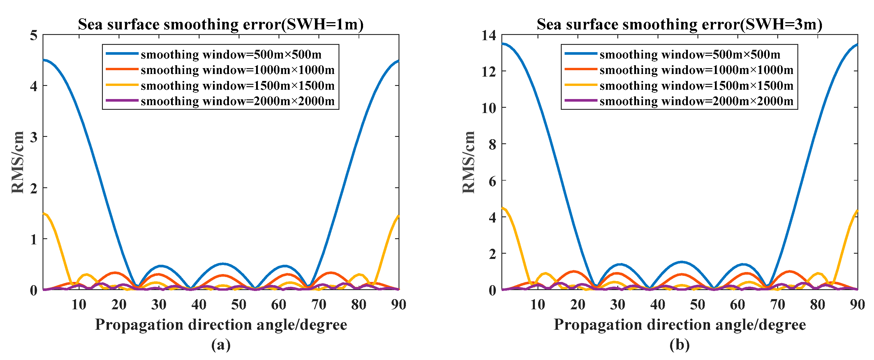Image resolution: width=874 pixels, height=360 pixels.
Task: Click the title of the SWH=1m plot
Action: pyautogui.click(x=221, y=24)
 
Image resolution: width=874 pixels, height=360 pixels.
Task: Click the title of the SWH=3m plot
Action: pyautogui.click(x=679, y=24)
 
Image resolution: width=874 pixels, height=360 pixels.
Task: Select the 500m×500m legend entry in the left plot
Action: pyautogui.click(x=231, y=54)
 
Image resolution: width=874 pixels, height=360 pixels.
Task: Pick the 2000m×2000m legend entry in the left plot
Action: pyautogui.click(x=237, y=101)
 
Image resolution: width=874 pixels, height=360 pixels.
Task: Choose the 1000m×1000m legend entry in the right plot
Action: pyautogui.click(x=696, y=70)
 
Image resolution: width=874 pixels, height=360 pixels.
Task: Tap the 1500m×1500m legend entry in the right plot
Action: pyautogui.click(x=696, y=86)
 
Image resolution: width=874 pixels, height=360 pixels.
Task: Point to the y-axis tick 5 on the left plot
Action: pyautogui.click(x=34, y=35)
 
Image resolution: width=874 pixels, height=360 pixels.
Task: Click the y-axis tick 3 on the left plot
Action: pyautogui.click(x=34, y=137)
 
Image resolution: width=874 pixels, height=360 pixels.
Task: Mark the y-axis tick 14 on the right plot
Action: pyautogui.click(x=489, y=35)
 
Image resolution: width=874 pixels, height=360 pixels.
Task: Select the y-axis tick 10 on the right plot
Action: pyautogui.click(x=489, y=108)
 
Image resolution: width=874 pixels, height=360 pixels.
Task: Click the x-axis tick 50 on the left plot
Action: pyautogui.click(x=239, y=304)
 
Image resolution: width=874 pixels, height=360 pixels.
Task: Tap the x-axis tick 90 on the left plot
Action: pyautogui.click(x=398, y=304)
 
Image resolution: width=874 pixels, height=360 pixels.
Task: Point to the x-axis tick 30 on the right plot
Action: pyautogui.click(x=618, y=304)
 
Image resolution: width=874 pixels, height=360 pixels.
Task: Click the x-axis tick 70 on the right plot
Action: pyautogui.click(x=777, y=304)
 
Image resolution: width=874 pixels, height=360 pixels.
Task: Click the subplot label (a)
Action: pyautogui.click(x=221, y=345)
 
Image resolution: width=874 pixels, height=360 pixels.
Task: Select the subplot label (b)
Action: pyautogui.click(x=679, y=345)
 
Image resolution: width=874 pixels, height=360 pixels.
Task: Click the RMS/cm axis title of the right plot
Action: pyautogui.click(x=468, y=162)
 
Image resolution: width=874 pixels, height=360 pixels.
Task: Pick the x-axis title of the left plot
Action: pyautogui.click(x=221, y=324)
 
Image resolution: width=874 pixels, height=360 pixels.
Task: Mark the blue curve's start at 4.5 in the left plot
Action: pyautogui.click(x=44, y=60)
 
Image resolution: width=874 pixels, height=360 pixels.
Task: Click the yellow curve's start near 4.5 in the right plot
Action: pyautogui.click(x=503, y=208)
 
